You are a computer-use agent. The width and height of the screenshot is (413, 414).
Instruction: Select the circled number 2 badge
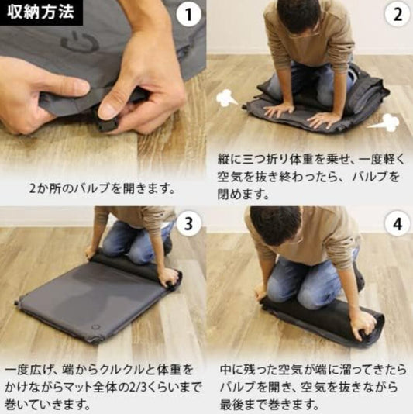pos(397,14)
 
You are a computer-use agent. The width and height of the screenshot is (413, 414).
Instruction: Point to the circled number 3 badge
pos(188,225)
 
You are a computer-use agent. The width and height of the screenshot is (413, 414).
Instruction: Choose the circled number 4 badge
pos(397,225)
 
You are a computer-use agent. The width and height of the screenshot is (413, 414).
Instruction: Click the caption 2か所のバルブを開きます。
pos(102,187)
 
